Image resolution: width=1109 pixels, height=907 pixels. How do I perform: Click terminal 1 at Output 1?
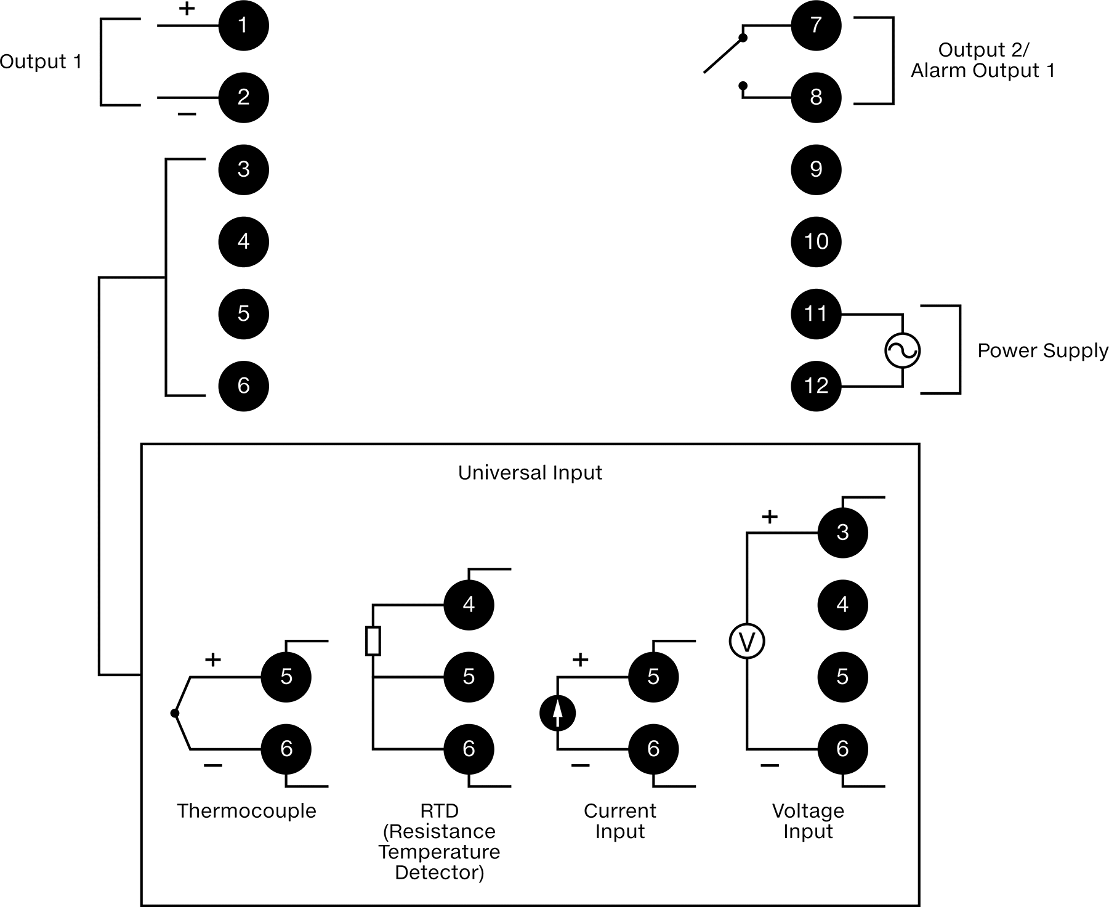coord(243,25)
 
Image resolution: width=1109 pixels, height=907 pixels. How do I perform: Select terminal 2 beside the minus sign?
coord(243,97)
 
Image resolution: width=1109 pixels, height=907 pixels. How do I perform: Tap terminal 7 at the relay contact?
coord(816,25)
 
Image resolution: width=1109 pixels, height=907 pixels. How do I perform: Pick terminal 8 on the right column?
coord(816,97)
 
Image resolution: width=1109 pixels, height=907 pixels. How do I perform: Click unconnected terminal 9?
coord(816,169)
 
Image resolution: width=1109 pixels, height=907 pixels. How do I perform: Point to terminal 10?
coord(816,241)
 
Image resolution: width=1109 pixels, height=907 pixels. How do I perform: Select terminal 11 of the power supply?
coord(816,313)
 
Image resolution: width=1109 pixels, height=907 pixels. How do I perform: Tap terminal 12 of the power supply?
coord(816,385)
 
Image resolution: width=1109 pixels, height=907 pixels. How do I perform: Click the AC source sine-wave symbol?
coord(902,350)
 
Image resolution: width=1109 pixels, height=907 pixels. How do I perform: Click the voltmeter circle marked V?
coord(747,642)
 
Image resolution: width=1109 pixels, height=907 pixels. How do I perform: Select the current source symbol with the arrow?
coord(557,714)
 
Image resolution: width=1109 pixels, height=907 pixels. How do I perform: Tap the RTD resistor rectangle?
coord(373,640)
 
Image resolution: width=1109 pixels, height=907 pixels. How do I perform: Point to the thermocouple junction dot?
coord(175,713)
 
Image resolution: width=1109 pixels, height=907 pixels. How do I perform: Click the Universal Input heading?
coord(530,473)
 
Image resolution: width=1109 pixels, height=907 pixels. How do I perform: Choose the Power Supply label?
coord(1043,351)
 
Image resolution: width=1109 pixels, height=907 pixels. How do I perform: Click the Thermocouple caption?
coord(246,811)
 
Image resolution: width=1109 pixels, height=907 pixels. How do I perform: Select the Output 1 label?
coord(41,62)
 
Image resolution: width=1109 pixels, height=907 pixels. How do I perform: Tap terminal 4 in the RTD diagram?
coord(469,605)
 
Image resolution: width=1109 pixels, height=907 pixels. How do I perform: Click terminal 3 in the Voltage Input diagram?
coord(842,533)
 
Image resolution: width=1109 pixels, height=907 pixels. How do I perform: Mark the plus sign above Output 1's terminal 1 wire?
coord(187,9)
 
